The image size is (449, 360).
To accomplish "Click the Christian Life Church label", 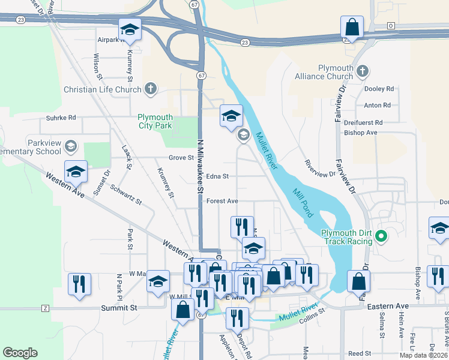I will pos(103,90).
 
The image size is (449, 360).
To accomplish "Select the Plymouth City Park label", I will pos(155,121).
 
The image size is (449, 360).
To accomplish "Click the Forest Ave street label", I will pos(222,201).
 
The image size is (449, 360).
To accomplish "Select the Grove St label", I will pos(181,158).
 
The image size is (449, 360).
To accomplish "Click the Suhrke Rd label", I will pos(58,118).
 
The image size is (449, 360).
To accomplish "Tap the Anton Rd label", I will pos(378,106).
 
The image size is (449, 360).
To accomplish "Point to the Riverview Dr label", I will pos(319,169).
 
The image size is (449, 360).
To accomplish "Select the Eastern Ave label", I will pos(388,306).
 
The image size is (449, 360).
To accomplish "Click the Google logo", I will pos(20,353).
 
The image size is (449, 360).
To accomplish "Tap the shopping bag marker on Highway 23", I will pos(351,28).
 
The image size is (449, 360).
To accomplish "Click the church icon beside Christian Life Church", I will pos(150,90).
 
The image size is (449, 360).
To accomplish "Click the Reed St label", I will pos(360,354).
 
